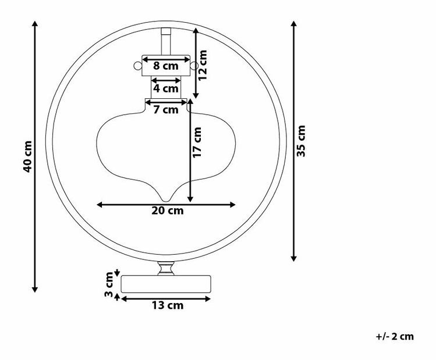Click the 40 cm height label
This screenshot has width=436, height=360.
point(28,156)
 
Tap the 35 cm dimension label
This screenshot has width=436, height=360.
point(301,141)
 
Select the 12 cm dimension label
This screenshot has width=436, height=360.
point(203,65)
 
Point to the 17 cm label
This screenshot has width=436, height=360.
point(197,142)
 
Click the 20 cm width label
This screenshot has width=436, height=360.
point(168,211)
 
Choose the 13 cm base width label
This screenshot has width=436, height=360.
point(168,305)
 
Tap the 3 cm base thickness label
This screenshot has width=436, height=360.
point(109,284)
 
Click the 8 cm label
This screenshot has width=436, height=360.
point(166,66)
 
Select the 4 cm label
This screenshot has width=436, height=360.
point(166,88)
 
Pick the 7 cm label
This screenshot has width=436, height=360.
point(166,110)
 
